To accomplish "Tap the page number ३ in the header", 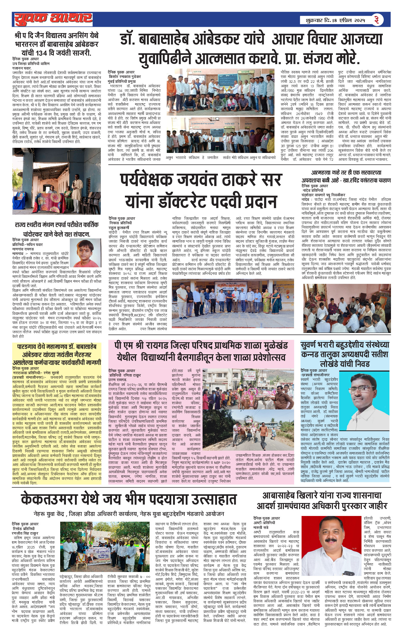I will click(377, 20).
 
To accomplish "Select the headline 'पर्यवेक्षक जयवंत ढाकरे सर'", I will click(201, 180).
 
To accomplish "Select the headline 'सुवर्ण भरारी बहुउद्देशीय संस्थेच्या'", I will click(345, 345).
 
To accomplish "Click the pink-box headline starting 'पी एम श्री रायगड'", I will click(201, 345).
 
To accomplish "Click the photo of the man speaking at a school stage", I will click(57, 181).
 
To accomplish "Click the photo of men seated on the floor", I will click(347, 308).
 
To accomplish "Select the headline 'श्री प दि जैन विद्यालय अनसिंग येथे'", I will click(57, 36).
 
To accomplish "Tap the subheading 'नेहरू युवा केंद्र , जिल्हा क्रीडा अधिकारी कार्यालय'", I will click(129, 514).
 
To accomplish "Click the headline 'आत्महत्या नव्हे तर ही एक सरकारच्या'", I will click(346, 173).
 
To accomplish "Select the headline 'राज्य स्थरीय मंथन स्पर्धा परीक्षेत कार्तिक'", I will click(57, 225).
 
